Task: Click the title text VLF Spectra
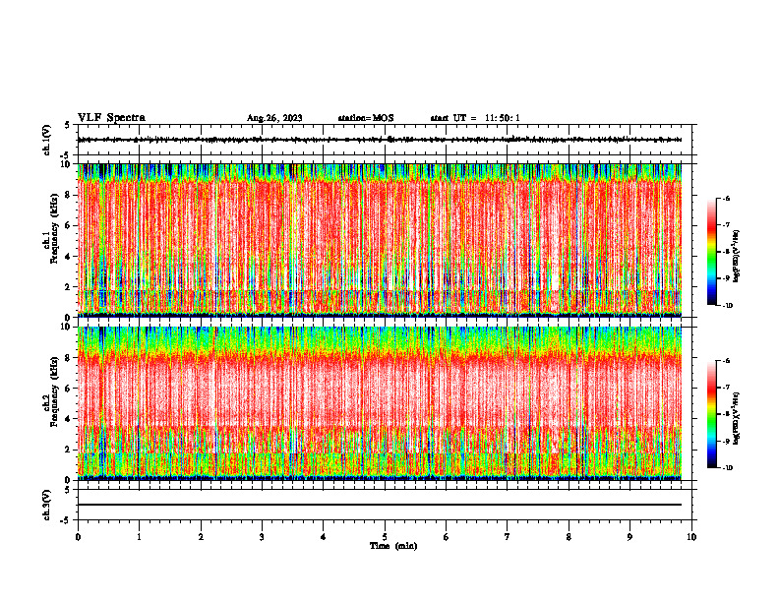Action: pyautogui.click(x=111, y=118)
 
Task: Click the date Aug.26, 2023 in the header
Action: pyautogui.click(x=274, y=118)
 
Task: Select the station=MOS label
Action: pyautogui.click(x=366, y=118)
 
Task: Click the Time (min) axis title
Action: pyautogui.click(x=392, y=546)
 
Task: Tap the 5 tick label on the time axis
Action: pyautogui.click(x=385, y=537)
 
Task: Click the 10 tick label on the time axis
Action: pyautogui.click(x=691, y=537)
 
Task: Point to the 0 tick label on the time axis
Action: pyautogui.click(x=78, y=537)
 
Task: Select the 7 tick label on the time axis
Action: pyautogui.click(x=508, y=537)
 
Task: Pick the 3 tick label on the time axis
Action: pyautogui.click(x=262, y=537)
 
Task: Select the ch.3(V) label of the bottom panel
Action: pyautogui.click(x=47, y=504)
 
